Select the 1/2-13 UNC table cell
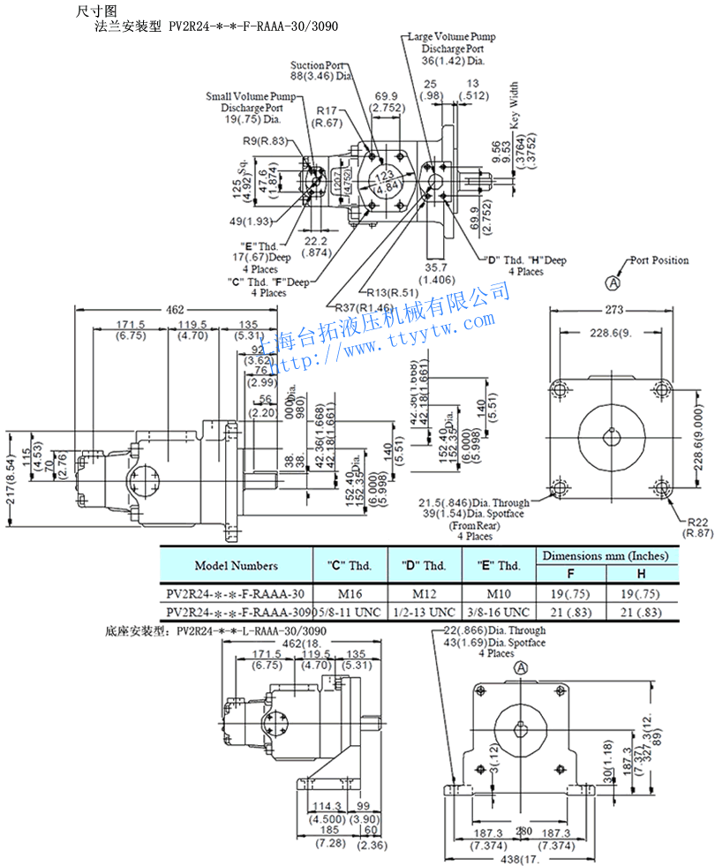click(423, 612)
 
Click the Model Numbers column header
click(236, 566)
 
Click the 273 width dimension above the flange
click(614, 310)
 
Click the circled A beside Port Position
click(611, 283)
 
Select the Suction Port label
click(318, 65)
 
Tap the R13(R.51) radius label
click(390, 292)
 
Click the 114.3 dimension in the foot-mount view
click(327, 806)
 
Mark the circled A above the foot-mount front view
click(520, 670)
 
